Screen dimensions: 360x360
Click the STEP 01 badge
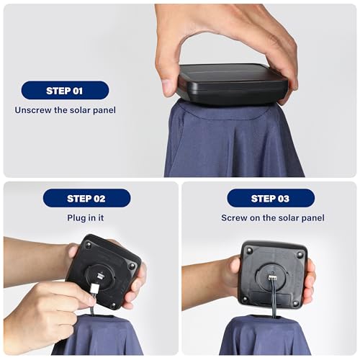point(65,91)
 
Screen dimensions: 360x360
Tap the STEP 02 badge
point(86,198)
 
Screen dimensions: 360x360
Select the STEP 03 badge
point(271,198)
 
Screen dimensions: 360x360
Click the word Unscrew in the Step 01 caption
point(33,110)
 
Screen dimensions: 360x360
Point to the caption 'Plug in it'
point(86,218)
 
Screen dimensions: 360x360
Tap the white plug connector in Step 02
point(94,289)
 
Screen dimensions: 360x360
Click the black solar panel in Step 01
point(232,84)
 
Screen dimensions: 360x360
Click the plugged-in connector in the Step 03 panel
point(272,278)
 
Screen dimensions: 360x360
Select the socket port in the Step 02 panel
point(99,276)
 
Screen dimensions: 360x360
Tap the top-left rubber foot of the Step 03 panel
point(249,251)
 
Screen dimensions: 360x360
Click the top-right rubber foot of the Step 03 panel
point(300,255)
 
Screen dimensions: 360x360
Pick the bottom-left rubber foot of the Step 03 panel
point(245,299)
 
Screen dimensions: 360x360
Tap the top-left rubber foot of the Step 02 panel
point(89,245)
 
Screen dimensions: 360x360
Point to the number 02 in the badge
point(99,199)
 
